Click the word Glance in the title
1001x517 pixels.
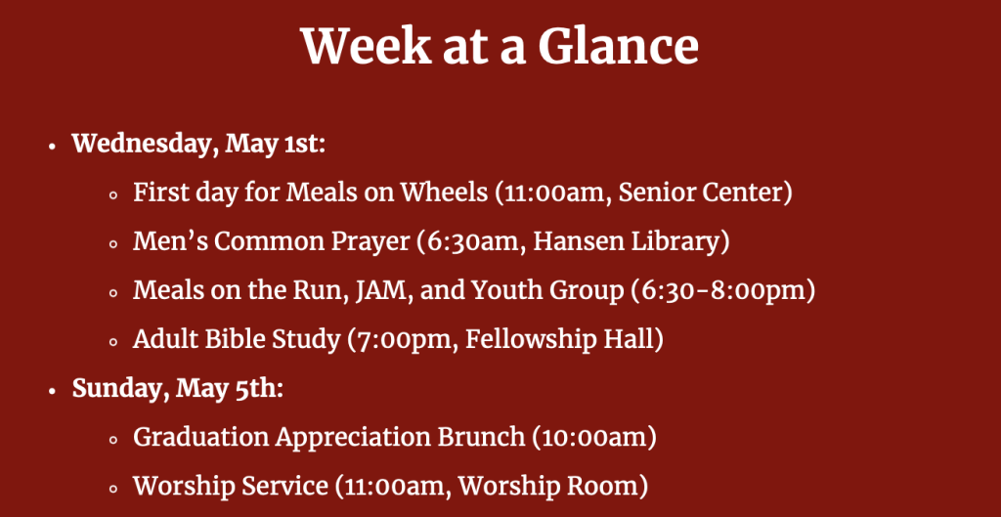pyautogui.click(x=618, y=46)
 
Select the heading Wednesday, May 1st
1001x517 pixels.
pyautogui.click(x=198, y=144)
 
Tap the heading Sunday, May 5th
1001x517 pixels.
pyautogui.click(x=178, y=388)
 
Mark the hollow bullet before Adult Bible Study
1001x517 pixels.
pyautogui.click(x=113, y=342)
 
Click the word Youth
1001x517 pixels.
pyautogui.click(x=504, y=290)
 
